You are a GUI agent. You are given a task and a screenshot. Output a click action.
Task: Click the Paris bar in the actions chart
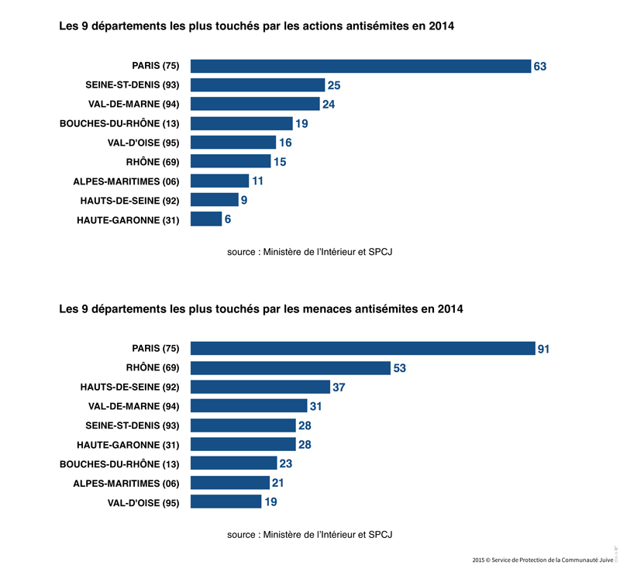click(360, 66)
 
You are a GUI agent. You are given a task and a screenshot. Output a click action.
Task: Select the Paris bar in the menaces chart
click(363, 349)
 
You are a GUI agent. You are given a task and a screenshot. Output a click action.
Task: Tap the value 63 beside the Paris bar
click(540, 67)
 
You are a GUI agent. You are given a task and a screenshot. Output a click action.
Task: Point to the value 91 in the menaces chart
click(543, 350)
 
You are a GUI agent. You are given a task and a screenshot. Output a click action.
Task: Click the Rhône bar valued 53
click(290, 368)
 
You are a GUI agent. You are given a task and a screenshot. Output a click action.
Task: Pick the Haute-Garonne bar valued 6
click(206, 219)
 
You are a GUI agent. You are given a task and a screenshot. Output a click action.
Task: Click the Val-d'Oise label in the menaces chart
click(143, 502)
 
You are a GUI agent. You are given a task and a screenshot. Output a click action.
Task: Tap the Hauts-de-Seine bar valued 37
click(260, 387)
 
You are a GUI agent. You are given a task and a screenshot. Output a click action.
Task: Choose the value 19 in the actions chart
click(302, 123)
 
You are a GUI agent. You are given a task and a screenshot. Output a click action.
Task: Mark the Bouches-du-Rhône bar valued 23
click(233, 463)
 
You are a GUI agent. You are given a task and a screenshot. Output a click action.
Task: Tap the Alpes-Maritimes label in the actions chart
click(126, 181)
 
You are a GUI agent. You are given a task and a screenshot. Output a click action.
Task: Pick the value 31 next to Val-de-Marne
click(315, 406)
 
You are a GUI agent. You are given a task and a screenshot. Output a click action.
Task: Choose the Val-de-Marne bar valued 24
click(255, 104)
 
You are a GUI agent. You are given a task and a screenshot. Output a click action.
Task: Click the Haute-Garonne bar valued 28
click(243, 444)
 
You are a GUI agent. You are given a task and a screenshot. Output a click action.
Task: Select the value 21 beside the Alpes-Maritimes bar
click(279, 483)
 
